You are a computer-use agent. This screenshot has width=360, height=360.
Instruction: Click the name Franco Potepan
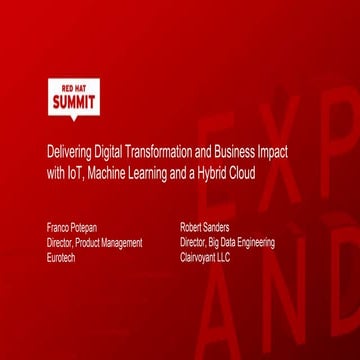coord(72,227)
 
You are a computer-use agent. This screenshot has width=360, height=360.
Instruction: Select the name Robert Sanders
coord(205,227)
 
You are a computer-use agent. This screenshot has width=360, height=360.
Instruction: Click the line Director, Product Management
coord(94,242)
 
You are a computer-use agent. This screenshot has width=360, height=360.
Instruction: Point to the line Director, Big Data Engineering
coord(227,242)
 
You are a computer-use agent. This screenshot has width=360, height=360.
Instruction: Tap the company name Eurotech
coord(61,257)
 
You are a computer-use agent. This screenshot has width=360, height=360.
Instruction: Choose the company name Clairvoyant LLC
coord(205,257)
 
